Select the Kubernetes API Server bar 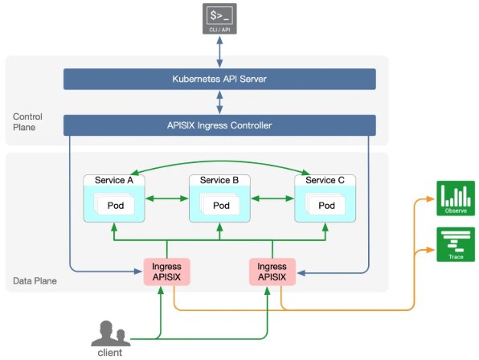tap(220, 80)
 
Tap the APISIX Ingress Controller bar tap(220, 125)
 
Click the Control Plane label tap(27, 122)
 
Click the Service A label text tap(114, 180)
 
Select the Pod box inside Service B tap(221, 206)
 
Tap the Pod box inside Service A tap(115, 206)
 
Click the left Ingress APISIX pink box tap(165, 272)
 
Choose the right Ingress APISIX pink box tap(272, 272)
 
